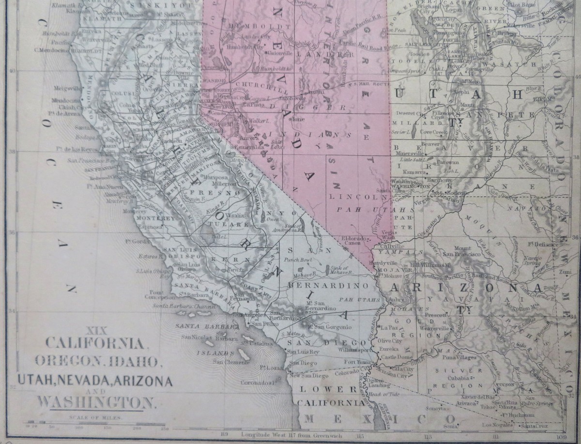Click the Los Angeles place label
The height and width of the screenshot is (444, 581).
click(x=244, y=315)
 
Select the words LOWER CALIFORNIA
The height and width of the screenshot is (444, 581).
click(x=331, y=396)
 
